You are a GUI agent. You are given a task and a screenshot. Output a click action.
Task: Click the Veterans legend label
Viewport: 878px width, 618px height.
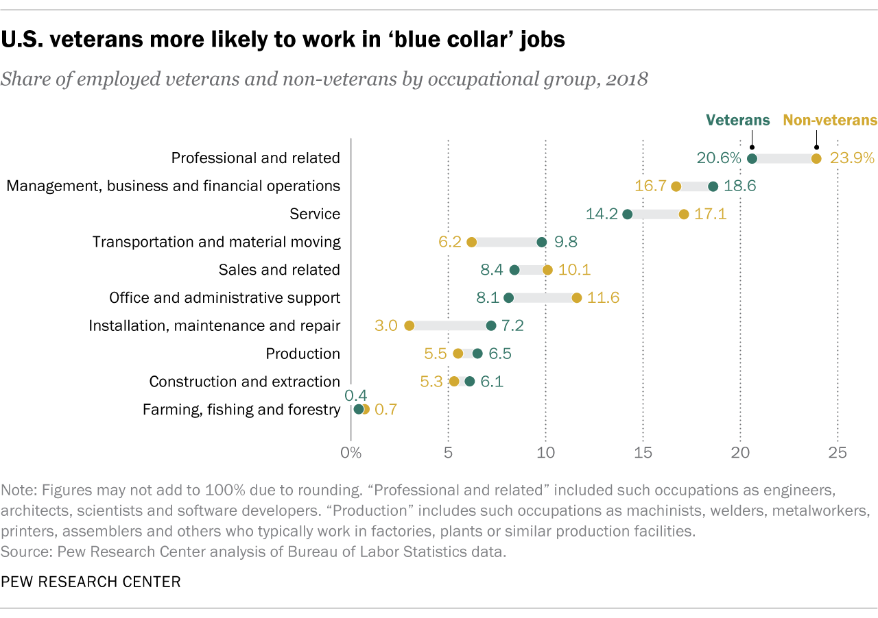coord(738,121)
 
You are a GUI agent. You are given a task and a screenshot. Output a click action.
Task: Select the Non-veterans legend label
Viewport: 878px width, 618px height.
coord(830,121)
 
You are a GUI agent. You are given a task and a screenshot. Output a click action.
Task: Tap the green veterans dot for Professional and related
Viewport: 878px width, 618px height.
coord(752,158)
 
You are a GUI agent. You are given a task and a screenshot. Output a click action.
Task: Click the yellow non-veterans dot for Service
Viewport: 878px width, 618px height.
coord(684,214)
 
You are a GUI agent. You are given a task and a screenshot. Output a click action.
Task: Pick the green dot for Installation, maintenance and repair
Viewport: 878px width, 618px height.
coord(491,325)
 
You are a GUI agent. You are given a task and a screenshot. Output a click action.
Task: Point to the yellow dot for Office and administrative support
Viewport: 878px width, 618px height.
coord(577,297)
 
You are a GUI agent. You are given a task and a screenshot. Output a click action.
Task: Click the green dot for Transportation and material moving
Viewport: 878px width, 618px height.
coord(542,242)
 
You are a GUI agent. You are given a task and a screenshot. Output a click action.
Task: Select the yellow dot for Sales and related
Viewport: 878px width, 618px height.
coord(547,270)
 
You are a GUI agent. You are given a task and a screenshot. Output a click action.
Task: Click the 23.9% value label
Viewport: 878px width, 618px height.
coord(852,158)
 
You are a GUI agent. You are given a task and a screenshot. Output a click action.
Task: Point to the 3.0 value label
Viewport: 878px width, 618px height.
coord(386,325)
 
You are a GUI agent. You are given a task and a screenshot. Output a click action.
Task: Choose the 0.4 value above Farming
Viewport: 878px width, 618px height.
coord(355,395)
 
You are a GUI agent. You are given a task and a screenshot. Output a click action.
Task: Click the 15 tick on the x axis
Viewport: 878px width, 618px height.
coord(643,453)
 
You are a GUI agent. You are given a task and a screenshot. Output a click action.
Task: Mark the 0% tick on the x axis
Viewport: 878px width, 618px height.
coord(351,453)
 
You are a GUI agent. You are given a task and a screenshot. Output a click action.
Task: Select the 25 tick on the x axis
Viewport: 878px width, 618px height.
coord(838,453)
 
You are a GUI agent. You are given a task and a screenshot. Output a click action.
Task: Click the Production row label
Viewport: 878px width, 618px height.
coord(302,354)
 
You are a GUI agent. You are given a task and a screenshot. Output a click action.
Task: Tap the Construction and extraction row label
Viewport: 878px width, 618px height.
coord(244,382)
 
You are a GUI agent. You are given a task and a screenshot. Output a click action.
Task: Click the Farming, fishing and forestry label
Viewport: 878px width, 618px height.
coord(241,410)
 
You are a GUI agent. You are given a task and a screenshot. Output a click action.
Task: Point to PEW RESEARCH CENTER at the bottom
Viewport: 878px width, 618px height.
coord(91,582)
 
